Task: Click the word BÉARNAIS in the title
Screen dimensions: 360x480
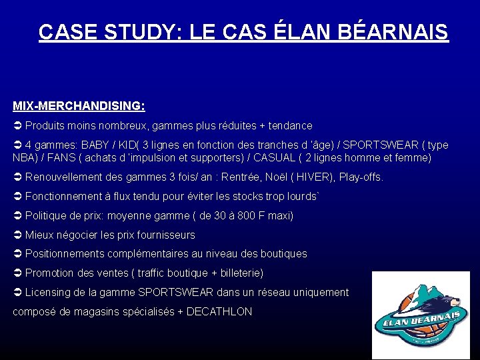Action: pos(397,32)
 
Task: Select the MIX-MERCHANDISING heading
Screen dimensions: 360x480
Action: pos(79,106)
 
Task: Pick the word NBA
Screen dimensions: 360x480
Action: pos(24,158)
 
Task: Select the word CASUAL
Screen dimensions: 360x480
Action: pos(312,158)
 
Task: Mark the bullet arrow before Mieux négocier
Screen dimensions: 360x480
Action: pos(17,235)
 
